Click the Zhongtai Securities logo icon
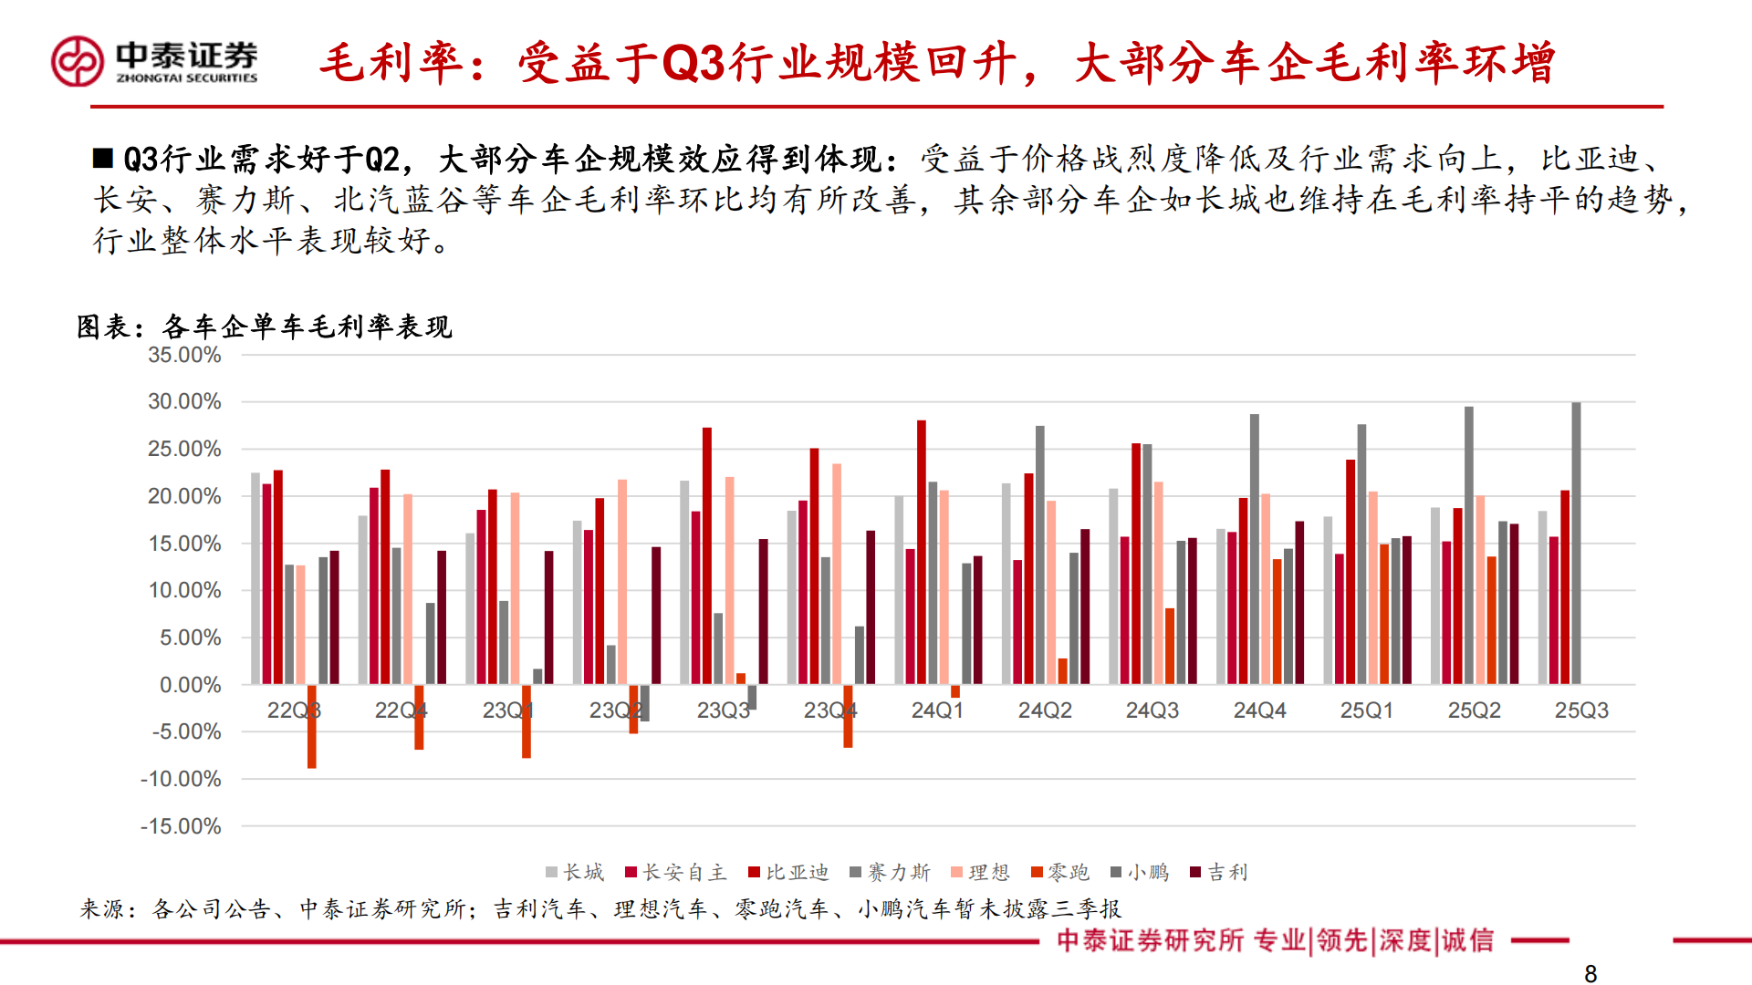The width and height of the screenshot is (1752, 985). point(78,61)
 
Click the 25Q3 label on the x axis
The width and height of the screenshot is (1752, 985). point(1581,710)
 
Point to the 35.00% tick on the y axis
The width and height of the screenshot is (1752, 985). point(184,355)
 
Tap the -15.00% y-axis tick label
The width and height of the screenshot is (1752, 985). point(181,826)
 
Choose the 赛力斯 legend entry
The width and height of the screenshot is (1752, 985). point(890,873)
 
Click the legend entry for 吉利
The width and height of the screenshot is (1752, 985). point(1219,873)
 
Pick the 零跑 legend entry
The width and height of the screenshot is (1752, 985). point(1060,873)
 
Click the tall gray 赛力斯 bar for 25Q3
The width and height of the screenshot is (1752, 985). point(1576,543)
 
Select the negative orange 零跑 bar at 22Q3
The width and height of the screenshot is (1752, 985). point(312,726)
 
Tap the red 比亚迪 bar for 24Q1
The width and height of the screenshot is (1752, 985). point(922,552)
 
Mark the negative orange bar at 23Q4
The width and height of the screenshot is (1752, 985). point(848,716)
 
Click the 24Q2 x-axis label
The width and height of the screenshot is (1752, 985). point(1045,710)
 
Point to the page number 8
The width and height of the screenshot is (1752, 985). point(1590,974)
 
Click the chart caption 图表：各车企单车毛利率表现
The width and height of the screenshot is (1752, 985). point(265,327)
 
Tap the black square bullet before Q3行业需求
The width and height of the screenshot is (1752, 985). point(102,159)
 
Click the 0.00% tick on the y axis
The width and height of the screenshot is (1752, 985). point(190,685)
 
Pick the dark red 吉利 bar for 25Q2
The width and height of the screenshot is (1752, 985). point(1514,604)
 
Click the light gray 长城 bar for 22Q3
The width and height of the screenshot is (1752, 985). point(255,578)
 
